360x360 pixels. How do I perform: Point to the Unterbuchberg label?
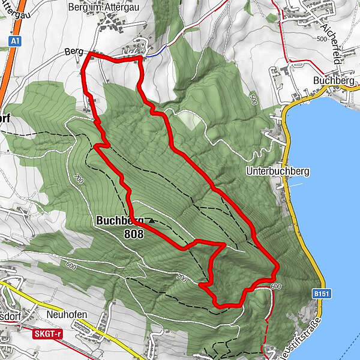coord(277,171)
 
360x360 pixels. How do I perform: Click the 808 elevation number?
coord(134,235)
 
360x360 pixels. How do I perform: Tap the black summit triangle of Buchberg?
coord(151,221)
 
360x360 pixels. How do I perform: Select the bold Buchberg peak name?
coord(119,221)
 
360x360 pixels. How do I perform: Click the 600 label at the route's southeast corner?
coord(275,286)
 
